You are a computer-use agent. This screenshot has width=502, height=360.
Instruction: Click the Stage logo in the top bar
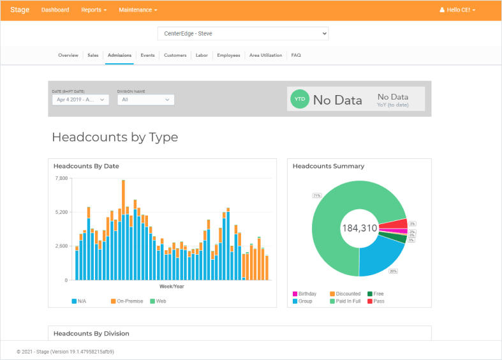[19, 10]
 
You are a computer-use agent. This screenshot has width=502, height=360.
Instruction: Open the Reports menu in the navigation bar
[94, 10]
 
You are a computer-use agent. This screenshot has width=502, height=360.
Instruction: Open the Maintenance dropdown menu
[138, 10]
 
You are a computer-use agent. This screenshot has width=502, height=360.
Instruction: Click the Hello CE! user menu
[458, 10]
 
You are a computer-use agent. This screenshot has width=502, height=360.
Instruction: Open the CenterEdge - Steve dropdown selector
[243, 33]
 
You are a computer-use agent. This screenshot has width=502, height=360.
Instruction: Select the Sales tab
[93, 56]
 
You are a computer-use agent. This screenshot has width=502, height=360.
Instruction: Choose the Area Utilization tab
[265, 56]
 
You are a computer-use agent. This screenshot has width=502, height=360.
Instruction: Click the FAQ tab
[296, 56]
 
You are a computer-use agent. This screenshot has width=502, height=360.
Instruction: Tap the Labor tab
[202, 56]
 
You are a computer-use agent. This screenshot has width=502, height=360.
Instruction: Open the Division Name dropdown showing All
[146, 100]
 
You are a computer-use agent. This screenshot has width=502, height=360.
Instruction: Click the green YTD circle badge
[300, 99]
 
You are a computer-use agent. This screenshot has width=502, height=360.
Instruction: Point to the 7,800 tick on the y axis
[61, 178]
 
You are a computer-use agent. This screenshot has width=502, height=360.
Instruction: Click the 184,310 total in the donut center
[360, 228]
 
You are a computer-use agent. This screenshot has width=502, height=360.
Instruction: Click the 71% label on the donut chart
[316, 195]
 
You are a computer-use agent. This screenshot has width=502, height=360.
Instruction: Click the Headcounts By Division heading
[91, 333]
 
